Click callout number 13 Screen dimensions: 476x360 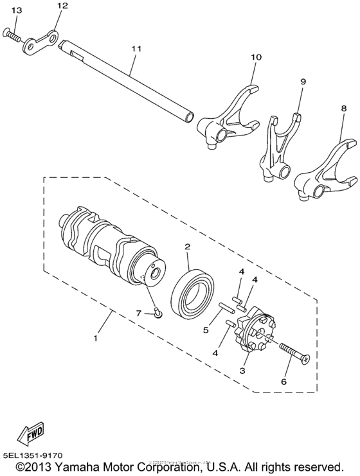(16, 10)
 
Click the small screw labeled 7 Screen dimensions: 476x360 (157, 313)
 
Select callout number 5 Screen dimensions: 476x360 (206, 331)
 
